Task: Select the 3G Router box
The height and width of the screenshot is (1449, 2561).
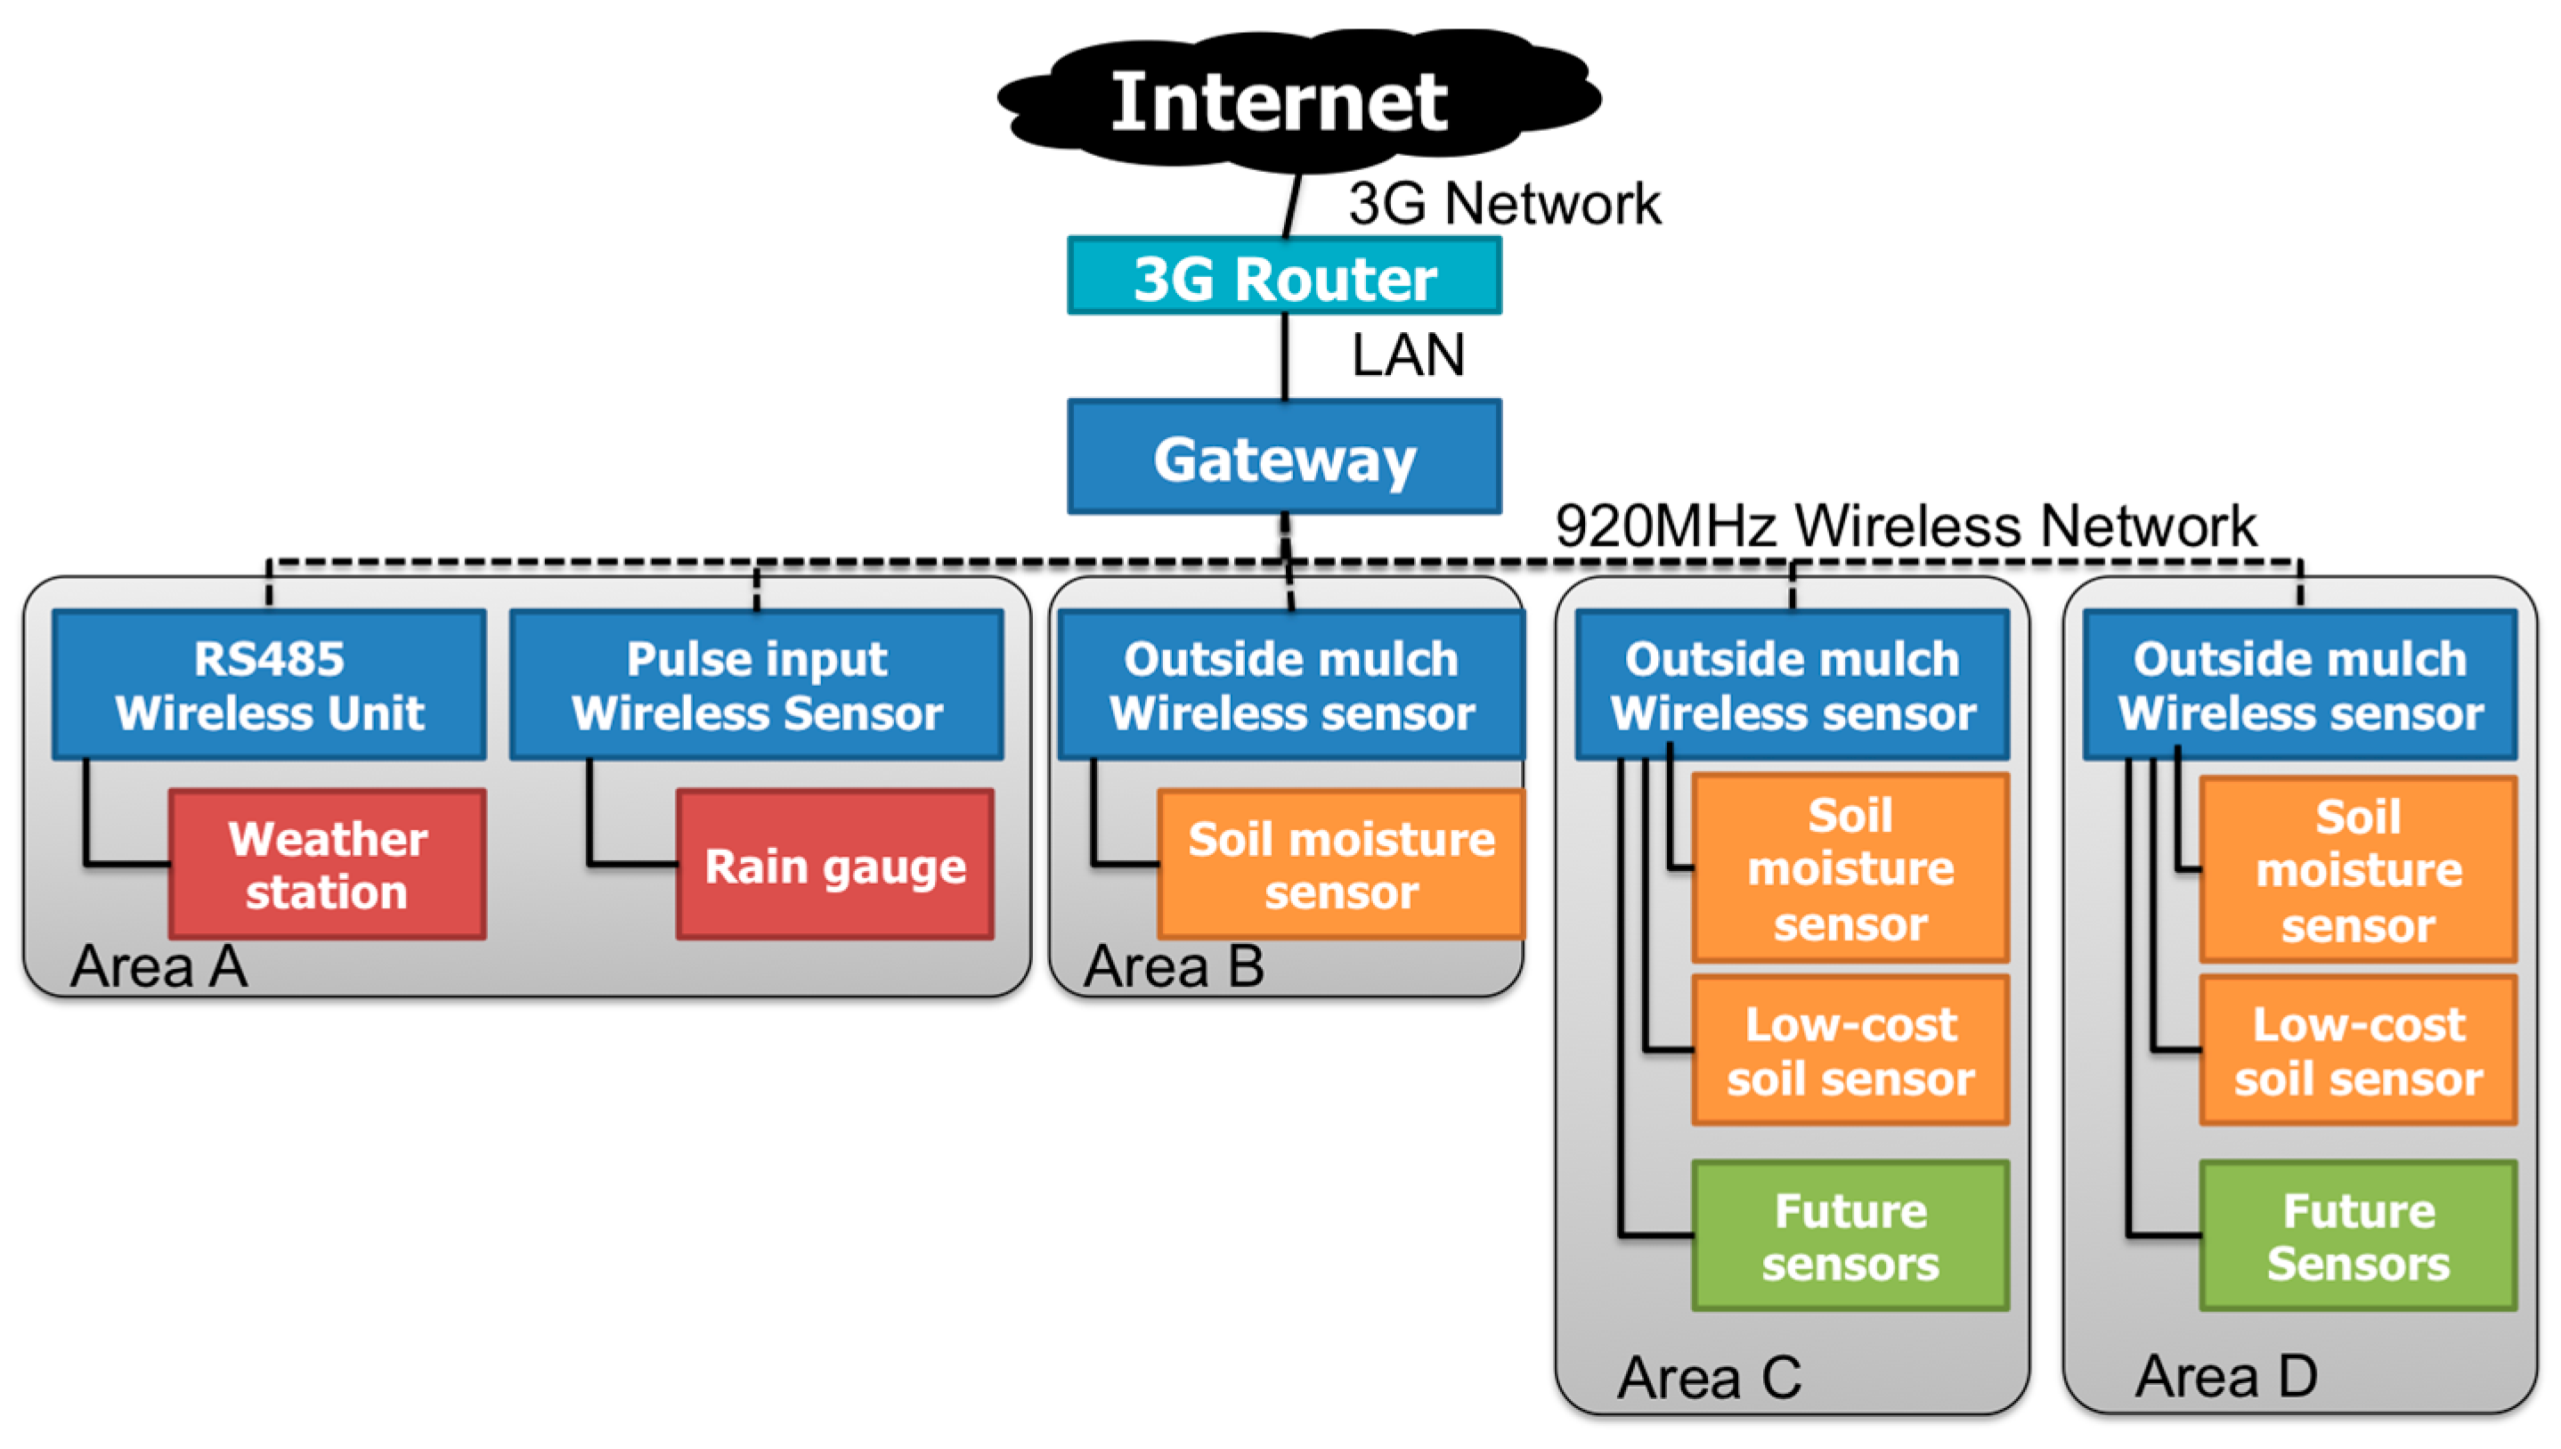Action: [1283, 277]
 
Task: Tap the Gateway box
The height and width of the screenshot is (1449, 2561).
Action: [1283, 458]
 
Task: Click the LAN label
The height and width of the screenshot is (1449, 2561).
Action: [1408, 355]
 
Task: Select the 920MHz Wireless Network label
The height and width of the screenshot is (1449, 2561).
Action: [1906, 525]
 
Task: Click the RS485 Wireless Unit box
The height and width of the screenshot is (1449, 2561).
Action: [269, 685]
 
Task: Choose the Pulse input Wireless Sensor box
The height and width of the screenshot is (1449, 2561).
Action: [756, 685]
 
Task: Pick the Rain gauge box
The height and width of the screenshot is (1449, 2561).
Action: [834, 864]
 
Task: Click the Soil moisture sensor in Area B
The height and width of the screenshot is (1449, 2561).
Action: [1340, 864]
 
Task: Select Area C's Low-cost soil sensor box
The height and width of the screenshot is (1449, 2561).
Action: [1850, 1051]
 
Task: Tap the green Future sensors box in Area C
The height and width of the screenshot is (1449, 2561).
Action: [1850, 1236]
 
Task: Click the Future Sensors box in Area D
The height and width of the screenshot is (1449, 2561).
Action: [2357, 1236]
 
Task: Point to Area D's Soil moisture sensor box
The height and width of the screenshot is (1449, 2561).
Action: [2357, 870]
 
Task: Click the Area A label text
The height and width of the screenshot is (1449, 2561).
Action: [159, 966]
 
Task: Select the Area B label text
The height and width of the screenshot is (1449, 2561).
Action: [1174, 966]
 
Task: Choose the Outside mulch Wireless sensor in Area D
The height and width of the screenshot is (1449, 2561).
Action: [2299, 685]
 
